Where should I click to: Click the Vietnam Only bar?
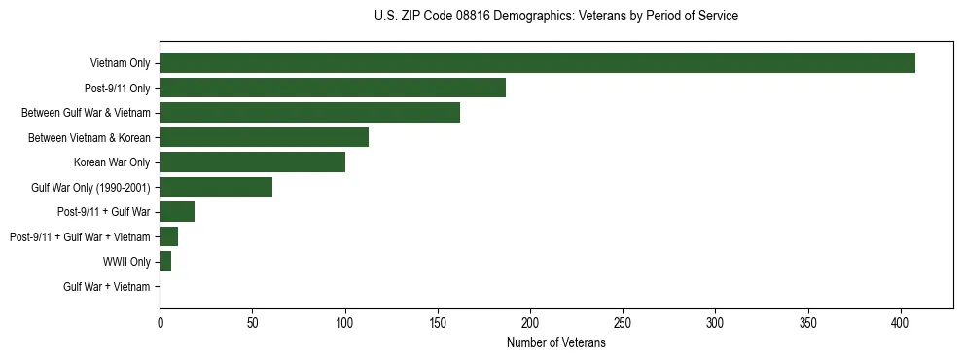coord(537,63)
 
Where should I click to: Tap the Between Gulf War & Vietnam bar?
coord(309,113)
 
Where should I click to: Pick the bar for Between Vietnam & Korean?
coord(264,137)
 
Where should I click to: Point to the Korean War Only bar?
coord(252,162)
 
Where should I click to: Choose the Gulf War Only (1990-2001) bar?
coord(216,187)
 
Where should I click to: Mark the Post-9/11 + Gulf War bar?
coord(177,212)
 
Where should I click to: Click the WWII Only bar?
coord(165,262)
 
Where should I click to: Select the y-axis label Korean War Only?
coord(112,162)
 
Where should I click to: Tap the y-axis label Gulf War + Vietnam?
coord(107,287)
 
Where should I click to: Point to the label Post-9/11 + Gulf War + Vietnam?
coord(80,237)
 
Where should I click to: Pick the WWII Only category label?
coord(126,262)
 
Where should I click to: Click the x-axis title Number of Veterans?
coord(556,343)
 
